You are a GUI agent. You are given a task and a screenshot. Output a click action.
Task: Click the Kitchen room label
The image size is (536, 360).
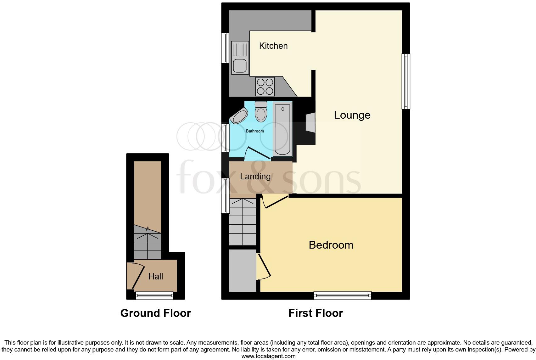click(273, 46)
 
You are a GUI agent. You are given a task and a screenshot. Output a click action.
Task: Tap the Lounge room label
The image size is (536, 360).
click(352, 115)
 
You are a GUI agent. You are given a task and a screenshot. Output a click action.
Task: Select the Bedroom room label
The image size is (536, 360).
click(331, 245)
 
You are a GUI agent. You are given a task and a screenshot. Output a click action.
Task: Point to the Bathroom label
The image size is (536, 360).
click(255, 131)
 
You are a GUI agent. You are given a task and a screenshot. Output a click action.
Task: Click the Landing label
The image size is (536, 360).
click(255, 177)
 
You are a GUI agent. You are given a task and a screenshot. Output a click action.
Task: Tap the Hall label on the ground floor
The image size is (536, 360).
click(155, 277)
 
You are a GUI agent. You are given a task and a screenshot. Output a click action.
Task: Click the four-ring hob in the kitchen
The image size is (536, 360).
click(265, 87)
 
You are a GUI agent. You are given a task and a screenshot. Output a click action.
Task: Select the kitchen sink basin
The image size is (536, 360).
click(240, 66)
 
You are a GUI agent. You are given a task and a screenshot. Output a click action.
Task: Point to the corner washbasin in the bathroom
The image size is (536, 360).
click(239, 116)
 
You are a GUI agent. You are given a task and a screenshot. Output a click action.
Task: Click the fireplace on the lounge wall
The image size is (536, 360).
click(310, 122)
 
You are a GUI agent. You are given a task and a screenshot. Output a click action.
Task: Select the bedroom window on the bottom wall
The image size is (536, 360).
click(342, 295)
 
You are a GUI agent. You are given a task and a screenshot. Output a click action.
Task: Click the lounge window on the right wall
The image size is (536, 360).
click(406, 81)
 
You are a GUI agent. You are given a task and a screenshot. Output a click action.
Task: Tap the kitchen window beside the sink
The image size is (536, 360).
click(225, 48)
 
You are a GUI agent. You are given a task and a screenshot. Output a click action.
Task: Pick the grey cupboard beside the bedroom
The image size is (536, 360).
click(242, 270)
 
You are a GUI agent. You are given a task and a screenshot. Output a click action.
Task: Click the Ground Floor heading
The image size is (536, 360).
click(155, 313)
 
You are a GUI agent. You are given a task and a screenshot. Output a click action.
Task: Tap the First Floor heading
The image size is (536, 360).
click(315, 313)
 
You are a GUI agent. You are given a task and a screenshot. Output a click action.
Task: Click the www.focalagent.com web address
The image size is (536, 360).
click(268, 356)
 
